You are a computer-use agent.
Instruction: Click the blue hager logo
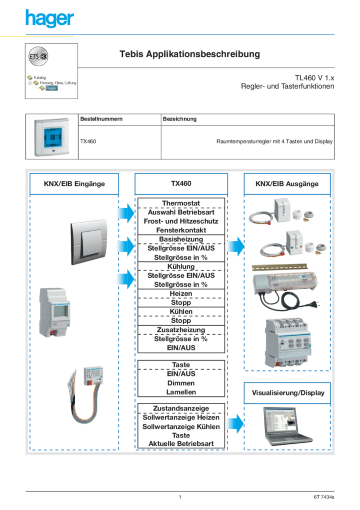(x=49, y=19)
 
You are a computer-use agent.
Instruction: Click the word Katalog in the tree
(x=40, y=78)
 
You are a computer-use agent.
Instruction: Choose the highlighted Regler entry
(x=51, y=88)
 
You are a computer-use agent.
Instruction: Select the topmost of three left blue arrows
(x=125, y=214)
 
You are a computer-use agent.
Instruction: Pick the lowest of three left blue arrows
(x=125, y=278)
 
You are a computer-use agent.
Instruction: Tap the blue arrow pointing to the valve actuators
(x=235, y=246)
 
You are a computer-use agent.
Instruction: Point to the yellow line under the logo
(x=37, y=37)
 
